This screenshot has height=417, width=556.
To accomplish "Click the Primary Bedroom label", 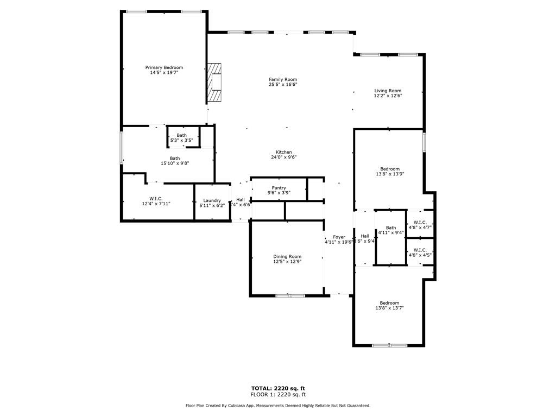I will click(164, 67).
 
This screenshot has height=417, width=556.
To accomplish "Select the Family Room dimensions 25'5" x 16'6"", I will click(283, 85).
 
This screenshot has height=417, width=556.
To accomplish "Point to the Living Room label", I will click(388, 91).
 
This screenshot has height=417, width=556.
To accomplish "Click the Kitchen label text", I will click(283, 152).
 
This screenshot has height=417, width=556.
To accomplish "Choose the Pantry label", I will click(279, 188).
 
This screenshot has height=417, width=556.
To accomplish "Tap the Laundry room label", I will click(212, 200).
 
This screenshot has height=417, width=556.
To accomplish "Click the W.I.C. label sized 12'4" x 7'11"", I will click(156, 199).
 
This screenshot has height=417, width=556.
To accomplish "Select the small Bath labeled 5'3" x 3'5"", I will click(181, 135).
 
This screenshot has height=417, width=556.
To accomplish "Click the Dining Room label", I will click(287, 256).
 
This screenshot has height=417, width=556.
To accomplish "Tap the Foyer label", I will click(339, 237).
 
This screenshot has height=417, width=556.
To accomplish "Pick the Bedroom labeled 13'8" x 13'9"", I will click(389, 169).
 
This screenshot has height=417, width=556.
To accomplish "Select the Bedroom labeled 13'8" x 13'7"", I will click(389, 303).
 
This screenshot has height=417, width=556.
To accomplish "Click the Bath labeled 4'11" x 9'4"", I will click(391, 228).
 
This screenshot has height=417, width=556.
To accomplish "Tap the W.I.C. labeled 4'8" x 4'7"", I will click(420, 223).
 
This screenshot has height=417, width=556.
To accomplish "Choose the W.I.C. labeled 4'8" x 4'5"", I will click(420, 250).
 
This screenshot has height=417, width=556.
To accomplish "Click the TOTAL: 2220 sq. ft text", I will click(277, 388).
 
